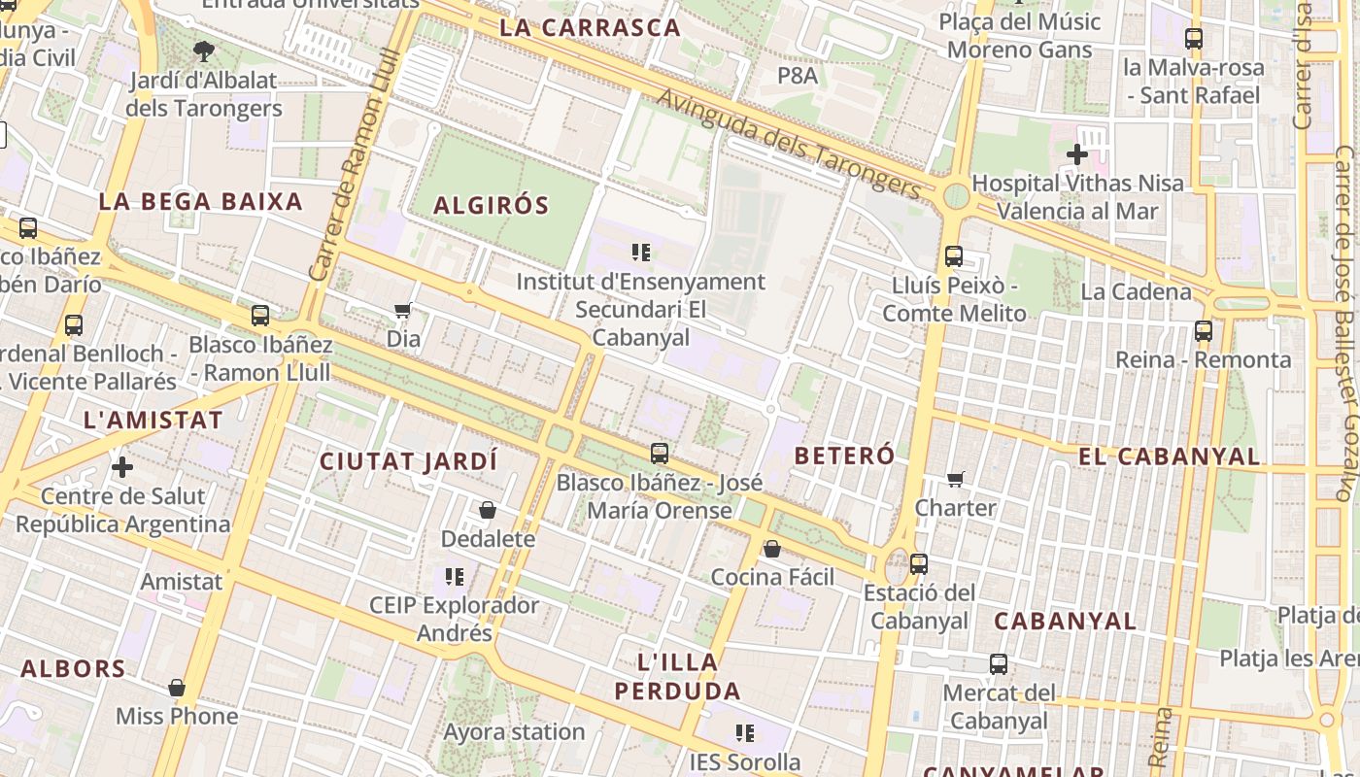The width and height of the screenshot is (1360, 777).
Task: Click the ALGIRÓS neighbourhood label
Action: click(491, 205)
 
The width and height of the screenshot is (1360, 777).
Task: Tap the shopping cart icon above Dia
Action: click(403, 311)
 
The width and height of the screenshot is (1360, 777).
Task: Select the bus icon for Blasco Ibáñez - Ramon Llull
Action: click(260, 316)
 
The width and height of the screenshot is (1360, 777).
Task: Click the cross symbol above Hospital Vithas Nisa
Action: click(1076, 154)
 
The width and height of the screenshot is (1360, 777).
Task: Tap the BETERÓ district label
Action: click(844, 455)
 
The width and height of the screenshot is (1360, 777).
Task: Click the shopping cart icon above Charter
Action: click(956, 480)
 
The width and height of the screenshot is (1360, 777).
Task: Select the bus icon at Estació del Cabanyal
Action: click(918, 563)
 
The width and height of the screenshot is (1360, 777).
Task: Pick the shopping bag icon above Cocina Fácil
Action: click(772, 550)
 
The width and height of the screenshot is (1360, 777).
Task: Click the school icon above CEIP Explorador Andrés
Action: click(454, 577)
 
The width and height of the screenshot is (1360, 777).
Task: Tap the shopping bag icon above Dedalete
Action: click(488, 510)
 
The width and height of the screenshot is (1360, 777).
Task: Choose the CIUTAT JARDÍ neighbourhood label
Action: click(408, 460)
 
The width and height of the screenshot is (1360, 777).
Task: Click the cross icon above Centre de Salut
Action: click(122, 468)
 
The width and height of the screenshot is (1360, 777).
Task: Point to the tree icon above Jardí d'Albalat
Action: click(203, 51)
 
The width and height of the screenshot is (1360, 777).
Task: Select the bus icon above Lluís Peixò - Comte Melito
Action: click(954, 256)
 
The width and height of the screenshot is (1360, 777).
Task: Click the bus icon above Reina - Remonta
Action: click(1204, 331)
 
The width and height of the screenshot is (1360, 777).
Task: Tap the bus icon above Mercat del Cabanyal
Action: click(999, 665)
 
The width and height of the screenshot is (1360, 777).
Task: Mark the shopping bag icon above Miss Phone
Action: click(177, 689)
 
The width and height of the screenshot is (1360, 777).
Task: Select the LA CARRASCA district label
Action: click(590, 27)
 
